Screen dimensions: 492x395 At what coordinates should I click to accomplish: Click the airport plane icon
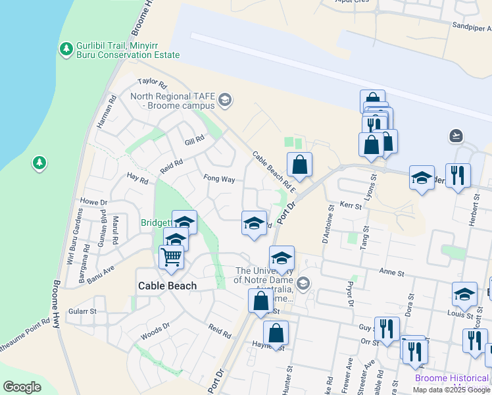click(456, 136)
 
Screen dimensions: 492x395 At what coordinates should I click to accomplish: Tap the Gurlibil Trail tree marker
click(66, 49)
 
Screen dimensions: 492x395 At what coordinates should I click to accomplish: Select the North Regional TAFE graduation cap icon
click(225, 100)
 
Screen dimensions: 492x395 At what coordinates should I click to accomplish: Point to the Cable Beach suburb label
click(167, 286)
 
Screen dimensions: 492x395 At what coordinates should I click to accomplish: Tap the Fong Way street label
click(219, 178)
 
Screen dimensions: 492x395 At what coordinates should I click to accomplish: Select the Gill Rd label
click(195, 140)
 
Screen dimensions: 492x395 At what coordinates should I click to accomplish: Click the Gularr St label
click(84, 311)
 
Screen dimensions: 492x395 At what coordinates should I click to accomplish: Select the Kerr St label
click(351, 206)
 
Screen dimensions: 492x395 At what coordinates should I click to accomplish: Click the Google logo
click(22, 387)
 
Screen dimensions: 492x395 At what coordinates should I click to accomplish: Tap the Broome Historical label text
click(452, 379)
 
